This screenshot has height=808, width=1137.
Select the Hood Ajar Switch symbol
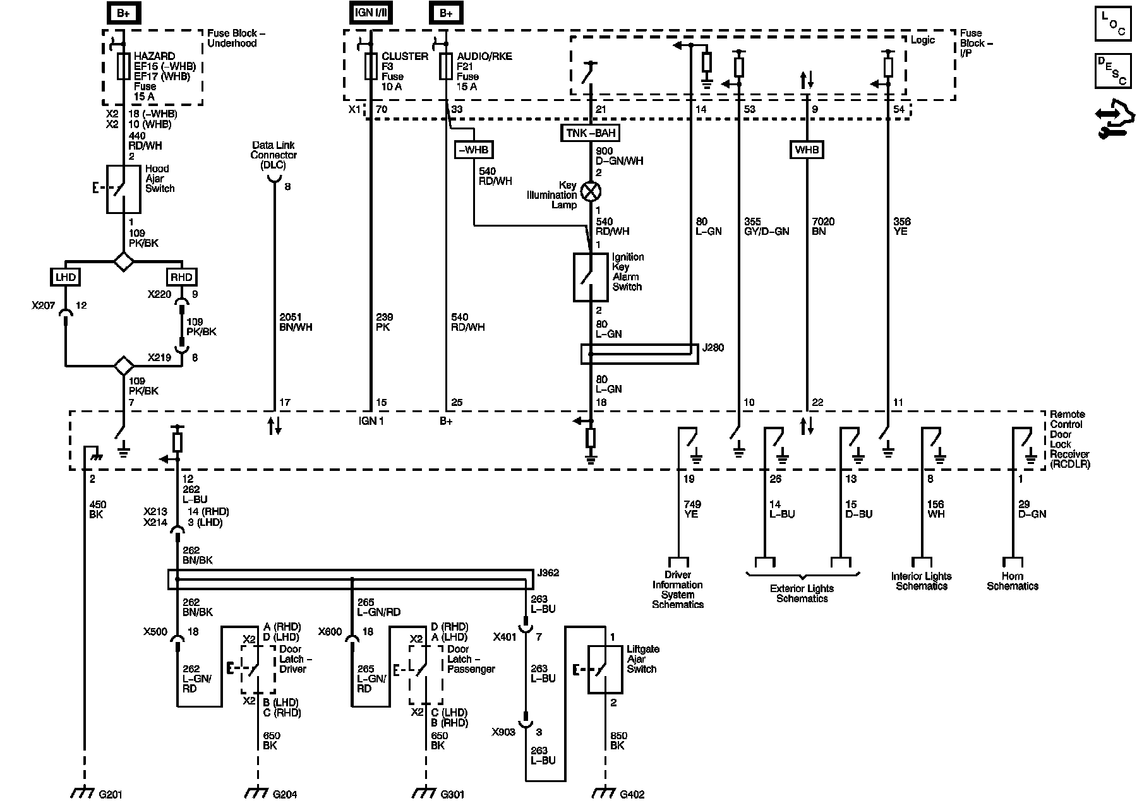pos(123,189)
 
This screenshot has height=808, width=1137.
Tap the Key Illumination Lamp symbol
pos(590,191)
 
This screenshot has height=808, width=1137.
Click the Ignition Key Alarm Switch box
pos(590,276)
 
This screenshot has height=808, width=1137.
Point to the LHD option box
pos(65,276)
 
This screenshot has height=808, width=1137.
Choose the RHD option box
pos(181,276)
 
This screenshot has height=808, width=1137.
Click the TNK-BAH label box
pos(590,133)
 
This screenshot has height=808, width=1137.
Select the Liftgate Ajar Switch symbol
pos(605,670)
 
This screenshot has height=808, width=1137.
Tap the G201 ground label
pos(111,794)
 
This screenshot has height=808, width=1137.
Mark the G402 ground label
pos(632,794)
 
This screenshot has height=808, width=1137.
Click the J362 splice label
pos(547,573)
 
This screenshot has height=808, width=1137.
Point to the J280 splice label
pos(713,348)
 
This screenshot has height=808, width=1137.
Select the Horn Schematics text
pos(1013,581)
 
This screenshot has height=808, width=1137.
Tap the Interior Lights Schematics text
pos(922,581)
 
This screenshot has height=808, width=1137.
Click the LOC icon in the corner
pos(1113,23)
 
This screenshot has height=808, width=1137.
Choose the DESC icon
pos(1113,71)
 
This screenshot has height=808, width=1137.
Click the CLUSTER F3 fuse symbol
pos(371,66)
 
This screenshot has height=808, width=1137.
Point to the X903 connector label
pos(504,732)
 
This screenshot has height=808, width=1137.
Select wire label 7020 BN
pos(823,226)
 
